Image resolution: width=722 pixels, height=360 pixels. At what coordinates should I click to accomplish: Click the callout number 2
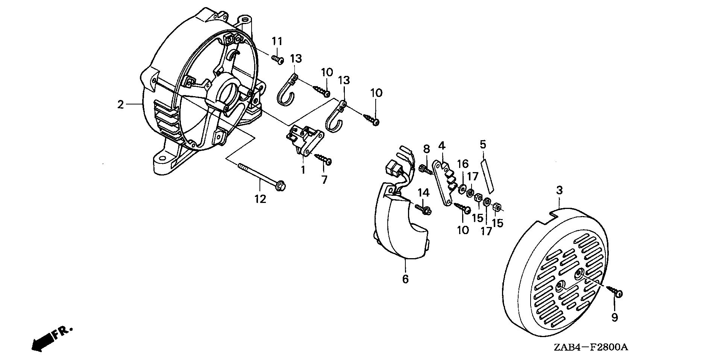120,104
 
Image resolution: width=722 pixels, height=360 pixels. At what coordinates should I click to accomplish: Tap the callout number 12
260,199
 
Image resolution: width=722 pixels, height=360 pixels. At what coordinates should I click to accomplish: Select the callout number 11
277,41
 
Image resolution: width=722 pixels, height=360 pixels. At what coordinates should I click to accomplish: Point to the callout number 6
405,279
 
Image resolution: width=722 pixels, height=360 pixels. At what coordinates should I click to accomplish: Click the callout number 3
559,191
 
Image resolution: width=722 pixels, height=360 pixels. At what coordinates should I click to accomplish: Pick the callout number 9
614,318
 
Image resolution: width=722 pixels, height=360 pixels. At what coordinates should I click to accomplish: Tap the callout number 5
483,144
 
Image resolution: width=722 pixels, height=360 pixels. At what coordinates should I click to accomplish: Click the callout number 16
463,164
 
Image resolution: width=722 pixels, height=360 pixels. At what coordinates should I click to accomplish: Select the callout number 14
423,193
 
